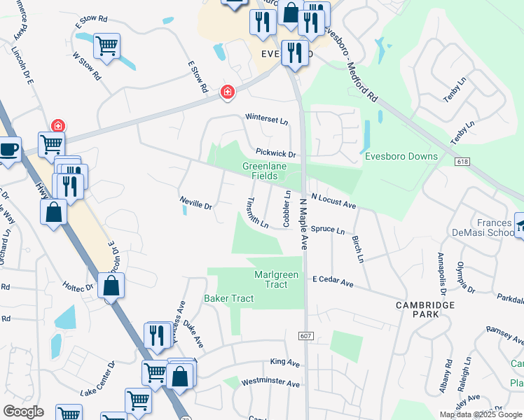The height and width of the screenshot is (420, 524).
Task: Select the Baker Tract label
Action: (x=226, y=299)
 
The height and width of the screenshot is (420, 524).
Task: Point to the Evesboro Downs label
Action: (x=401, y=157)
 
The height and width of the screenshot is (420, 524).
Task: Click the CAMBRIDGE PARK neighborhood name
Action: (x=425, y=309)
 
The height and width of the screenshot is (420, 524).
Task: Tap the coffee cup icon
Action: (x=9, y=149)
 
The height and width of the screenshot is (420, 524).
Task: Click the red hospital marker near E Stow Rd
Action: (x=227, y=92)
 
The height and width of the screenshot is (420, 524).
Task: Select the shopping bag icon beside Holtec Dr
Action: (x=111, y=286)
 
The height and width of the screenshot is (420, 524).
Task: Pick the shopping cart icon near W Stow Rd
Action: (x=106, y=46)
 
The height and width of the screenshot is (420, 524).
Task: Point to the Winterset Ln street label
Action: (x=266, y=120)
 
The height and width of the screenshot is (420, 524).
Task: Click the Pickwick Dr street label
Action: (x=276, y=153)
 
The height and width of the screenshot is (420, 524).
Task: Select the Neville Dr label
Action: (x=195, y=205)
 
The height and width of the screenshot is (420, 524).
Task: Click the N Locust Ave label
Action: (x=333, y=202)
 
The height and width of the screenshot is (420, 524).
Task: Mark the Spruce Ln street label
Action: (x=328, y=230)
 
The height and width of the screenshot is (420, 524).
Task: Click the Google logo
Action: (x=23, y=412)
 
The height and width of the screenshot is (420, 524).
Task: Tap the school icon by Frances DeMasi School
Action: (x=520, y=225)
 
